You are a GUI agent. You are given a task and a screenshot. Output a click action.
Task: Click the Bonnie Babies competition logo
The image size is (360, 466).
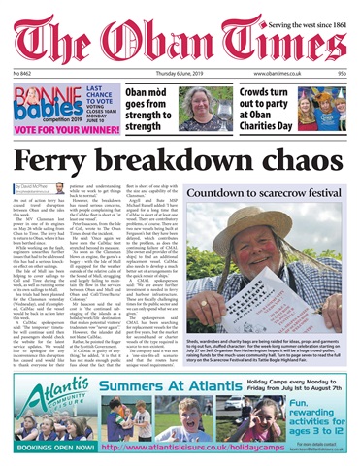[39, 98]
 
